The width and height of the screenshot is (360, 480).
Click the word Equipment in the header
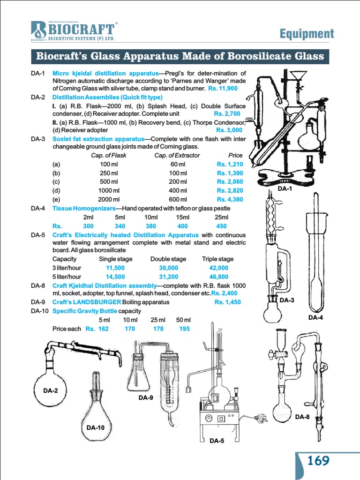click(307, 33)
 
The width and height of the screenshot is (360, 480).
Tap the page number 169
click(318, 461)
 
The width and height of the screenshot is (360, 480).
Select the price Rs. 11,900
click(223, 88)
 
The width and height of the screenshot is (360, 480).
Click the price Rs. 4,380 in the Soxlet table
click(230, 199)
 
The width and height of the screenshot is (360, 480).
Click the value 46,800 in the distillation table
click(218, 277)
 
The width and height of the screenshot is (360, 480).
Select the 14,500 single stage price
click(115, 277)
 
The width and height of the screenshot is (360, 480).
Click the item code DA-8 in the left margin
click(38, 285)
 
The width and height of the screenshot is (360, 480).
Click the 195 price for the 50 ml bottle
click(184, 329)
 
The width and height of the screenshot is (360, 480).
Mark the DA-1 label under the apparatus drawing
click(285, 188)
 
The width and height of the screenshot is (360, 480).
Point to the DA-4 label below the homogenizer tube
click(315, 317)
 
